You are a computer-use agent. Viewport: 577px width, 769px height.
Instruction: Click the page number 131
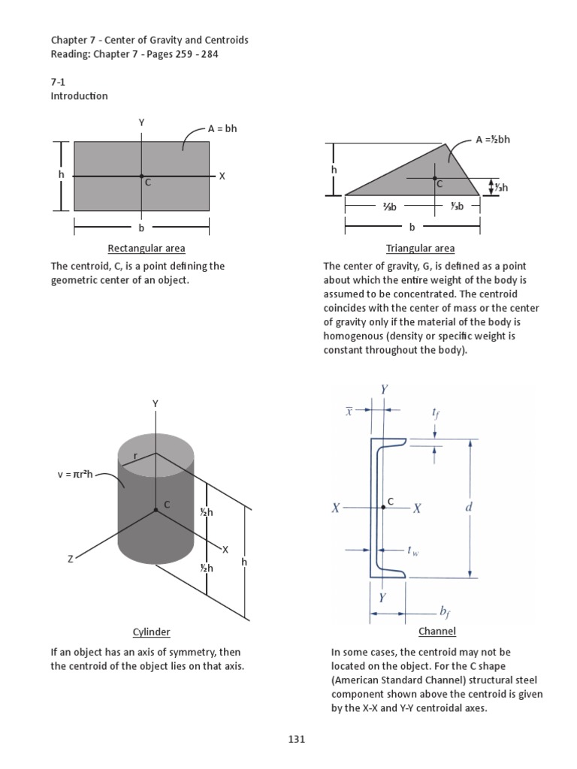(296, 739)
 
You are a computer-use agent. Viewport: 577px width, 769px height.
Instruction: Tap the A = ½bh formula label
(493, 139)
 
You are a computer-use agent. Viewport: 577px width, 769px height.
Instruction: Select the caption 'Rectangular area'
(147, 249)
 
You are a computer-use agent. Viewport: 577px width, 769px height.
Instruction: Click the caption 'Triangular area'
(420, 249)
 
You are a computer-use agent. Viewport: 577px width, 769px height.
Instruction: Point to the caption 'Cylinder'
(151, 632)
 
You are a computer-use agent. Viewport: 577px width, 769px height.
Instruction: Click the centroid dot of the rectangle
(141, 176)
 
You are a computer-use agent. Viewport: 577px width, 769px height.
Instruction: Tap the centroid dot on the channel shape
(383, 508)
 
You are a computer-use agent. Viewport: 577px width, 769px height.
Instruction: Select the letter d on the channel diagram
(470, 508)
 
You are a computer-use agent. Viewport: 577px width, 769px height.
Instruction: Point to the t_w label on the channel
(413, 550)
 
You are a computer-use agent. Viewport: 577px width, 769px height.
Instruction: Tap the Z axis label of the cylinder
(71, 559)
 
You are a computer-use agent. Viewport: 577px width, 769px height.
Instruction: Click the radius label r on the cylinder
(136, 456)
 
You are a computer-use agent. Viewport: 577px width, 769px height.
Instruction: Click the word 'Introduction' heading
(79, 96)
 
